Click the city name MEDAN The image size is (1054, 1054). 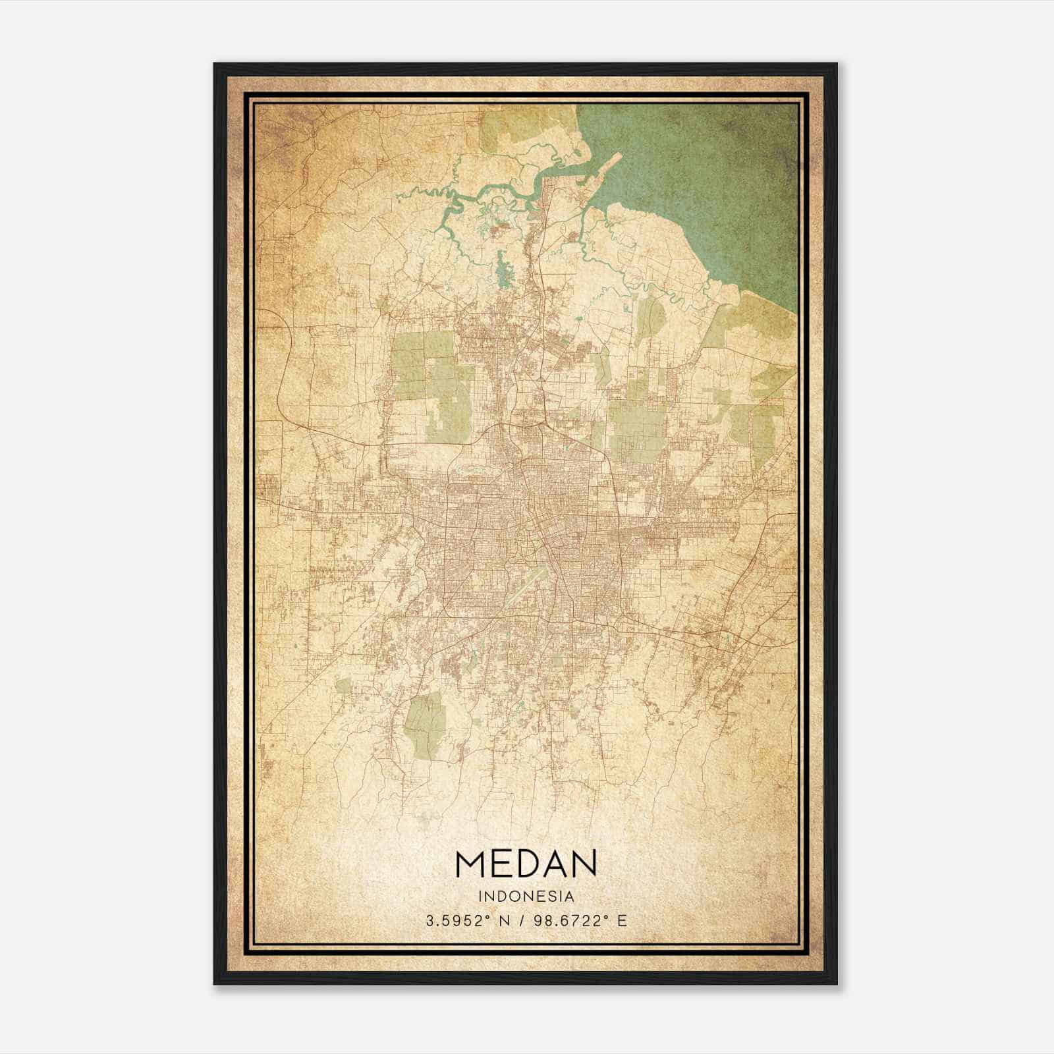pyautogui.click(x=526, y=864)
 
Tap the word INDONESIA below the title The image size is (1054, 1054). pyautogui.click(x=526, y=897)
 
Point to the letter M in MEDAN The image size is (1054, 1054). pyautogui.click(x=468, y=864)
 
